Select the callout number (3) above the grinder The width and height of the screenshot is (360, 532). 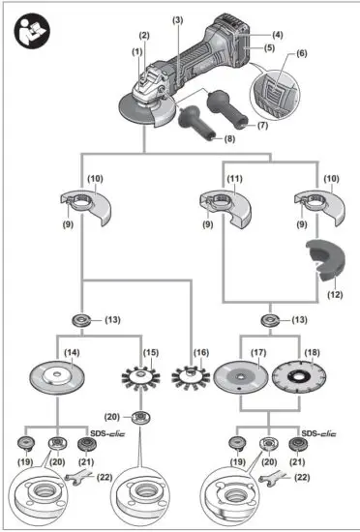point(177,19)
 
